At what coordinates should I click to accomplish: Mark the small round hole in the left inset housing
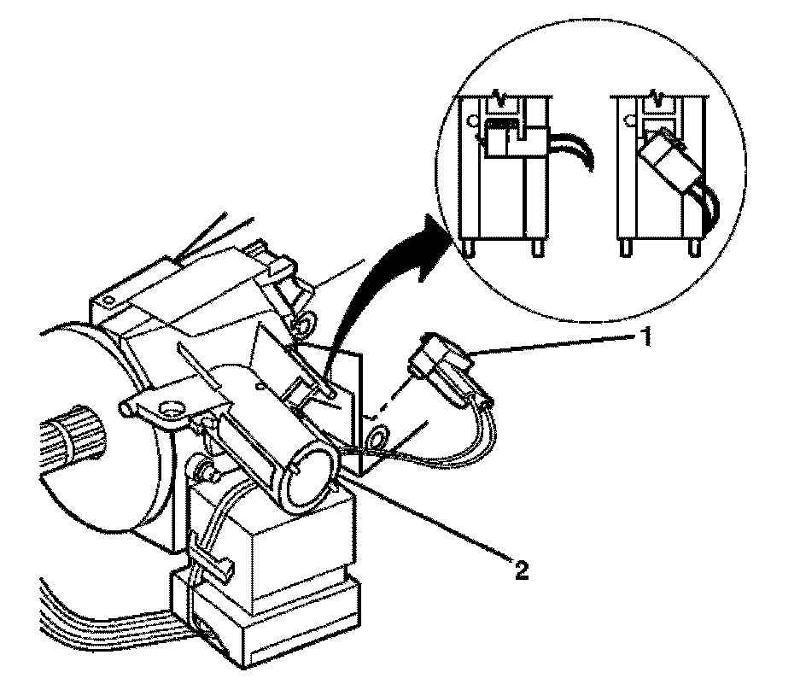470,121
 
